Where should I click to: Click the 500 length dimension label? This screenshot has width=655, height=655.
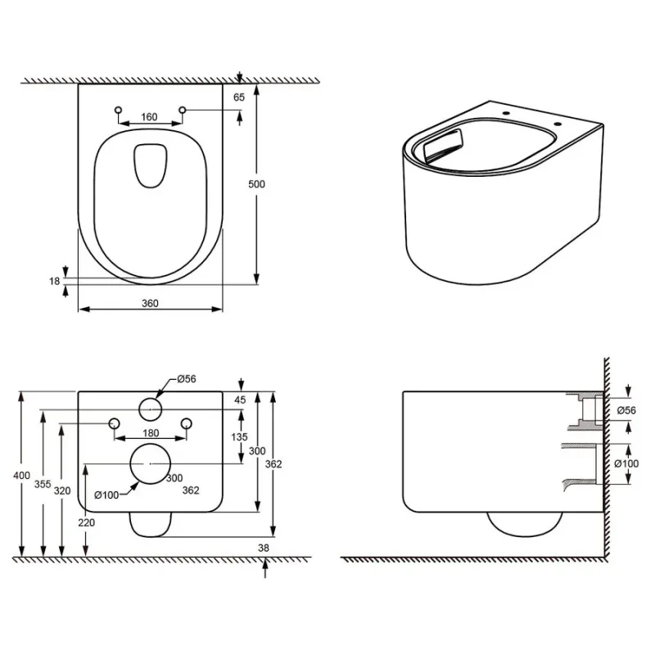click(256, 183)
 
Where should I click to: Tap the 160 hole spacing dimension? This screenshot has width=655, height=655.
click(149, 117)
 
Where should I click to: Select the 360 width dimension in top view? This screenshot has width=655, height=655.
click(150, 303)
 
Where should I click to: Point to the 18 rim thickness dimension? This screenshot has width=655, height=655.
click(54, 281)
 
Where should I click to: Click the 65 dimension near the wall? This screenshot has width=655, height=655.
click(239, 97)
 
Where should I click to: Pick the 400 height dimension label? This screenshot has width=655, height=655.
click(21, 476)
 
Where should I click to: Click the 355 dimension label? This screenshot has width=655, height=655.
click(43, 484)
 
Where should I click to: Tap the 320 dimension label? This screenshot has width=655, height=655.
click(62, 490)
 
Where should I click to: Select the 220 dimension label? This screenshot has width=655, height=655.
click(87, 522)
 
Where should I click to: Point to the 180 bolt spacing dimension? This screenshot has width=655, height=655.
click(151, 433)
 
